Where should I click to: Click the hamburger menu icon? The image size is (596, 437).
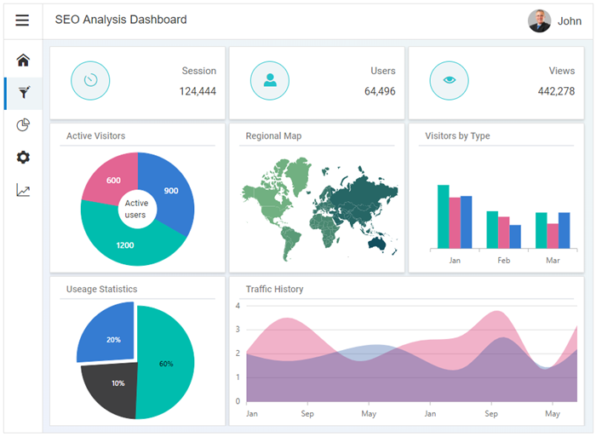tap(22, 20)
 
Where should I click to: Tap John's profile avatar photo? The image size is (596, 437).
tap(539, 20)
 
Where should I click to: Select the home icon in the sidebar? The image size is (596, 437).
tap(23, 60)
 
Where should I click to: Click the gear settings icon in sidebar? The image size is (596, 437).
tap(23, 158)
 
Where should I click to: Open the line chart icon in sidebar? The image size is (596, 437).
tap(23, 190)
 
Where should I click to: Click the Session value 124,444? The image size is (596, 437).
tap(198, 91)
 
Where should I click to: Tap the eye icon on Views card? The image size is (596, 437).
tap(449, 80)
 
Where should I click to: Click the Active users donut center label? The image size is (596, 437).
tap(136, 209)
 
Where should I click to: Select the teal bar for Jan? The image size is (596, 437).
tap(443, 216)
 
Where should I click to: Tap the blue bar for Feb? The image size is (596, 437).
tap(515, 236)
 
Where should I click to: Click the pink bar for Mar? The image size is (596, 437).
tap(553, 235)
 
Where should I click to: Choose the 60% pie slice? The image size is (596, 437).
tap(167, 363)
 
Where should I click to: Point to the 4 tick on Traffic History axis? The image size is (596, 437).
tap(238, 305)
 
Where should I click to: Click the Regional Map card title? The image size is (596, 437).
tap(273, 135)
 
